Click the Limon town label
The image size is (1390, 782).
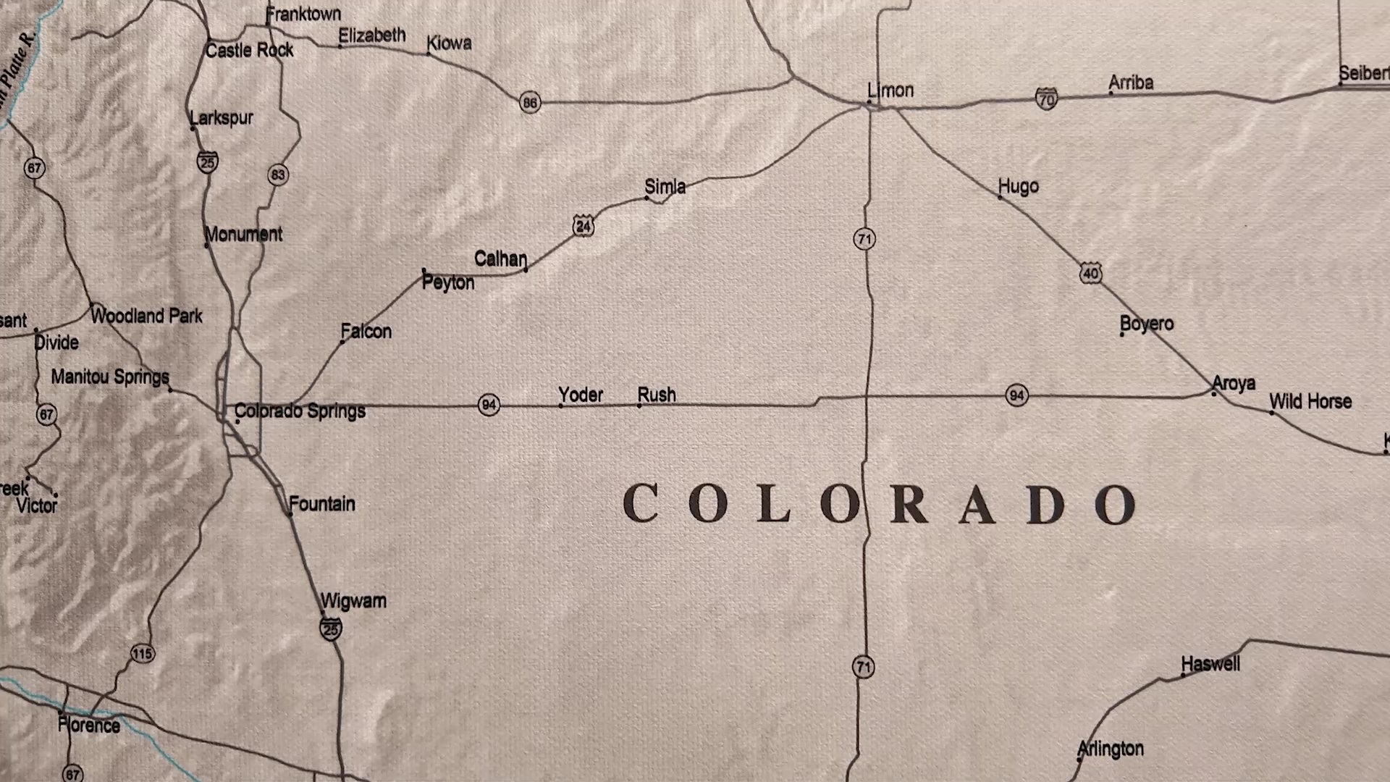[x=890, y=91]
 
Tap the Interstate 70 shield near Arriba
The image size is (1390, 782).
[x=1046, y=98]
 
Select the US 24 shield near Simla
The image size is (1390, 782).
[x=584, y=226]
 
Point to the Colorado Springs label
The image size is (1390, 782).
[x=300, y=411]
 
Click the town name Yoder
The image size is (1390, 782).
[x=581, y=395]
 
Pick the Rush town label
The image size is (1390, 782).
[x=657, y=395]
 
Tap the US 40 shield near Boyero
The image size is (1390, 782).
[x=1091, y=273]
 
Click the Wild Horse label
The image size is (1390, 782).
[x=1310, y=401]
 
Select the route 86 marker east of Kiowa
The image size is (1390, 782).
[x=530, y=102]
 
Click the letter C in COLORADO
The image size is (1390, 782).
[x=640, y=503]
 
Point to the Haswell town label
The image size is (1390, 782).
[x=1210, y=663]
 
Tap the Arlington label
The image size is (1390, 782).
[x=1111, y=749]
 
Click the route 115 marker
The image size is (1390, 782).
[x=142, y=654]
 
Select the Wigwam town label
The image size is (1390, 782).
[x=353, y=601]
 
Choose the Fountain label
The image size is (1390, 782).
[x=322, y=503]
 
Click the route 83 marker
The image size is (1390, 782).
[x=278, y=175]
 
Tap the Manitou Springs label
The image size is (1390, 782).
[x=110, y=377]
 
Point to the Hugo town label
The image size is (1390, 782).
[x=1019, y=186]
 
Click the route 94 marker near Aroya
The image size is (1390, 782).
[x=1016, y=395]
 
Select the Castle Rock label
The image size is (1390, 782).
[x=250, y=50]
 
